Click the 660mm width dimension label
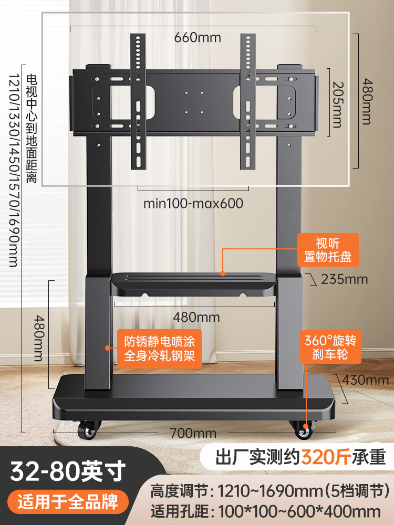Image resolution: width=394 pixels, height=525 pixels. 198,37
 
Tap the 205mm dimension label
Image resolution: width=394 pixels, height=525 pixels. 337,104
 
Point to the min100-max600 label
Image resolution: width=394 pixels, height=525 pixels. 193,203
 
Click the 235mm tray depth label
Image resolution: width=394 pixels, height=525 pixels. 345,279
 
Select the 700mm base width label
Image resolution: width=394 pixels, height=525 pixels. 193,433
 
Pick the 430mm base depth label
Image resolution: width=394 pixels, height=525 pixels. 366,380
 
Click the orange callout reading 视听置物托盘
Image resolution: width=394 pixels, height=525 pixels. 328,250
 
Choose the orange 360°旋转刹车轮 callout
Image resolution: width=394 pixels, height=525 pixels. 330,347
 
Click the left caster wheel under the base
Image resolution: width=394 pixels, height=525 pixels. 88,429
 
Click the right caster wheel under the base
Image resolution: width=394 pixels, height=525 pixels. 304,429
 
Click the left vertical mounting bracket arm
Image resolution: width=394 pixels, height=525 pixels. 138,101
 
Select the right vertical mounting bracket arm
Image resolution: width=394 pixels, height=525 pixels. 248,101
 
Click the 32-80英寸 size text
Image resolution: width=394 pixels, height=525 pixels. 68,471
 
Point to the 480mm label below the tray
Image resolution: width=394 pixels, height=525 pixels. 196,317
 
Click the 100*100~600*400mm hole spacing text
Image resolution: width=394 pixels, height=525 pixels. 299,511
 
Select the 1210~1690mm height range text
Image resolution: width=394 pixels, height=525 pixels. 271,491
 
